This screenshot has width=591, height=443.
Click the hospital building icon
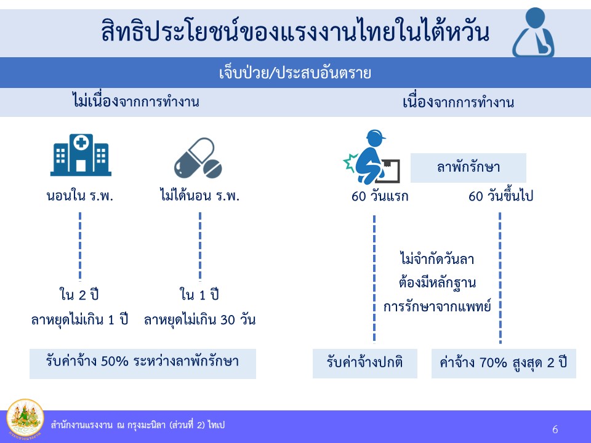tap(81, 155)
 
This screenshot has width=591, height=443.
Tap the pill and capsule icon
tap(198, 158)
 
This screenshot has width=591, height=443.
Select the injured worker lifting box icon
tap(371, 157)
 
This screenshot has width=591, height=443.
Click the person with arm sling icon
tap(533, 33)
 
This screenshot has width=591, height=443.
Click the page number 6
tap(555, 429)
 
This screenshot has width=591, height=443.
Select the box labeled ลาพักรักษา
tap(468, 167)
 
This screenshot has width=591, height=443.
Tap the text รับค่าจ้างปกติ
tap(364, 362)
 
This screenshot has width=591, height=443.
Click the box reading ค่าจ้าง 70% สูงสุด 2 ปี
tap(504, 364)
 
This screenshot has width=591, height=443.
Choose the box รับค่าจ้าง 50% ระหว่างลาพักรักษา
tap(143, 364)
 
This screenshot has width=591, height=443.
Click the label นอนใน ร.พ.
tap(80, 196)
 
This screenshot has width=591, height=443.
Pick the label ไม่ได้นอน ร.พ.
tap(199, 196)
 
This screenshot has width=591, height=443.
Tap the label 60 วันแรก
tap(380, 196)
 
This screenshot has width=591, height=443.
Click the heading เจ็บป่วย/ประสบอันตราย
tap(295, 73)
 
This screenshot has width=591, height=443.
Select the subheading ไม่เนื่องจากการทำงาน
tap(135, 102)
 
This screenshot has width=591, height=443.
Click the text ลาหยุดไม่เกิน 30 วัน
tap(199, 320)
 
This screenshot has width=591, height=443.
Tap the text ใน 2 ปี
tap(79, 295)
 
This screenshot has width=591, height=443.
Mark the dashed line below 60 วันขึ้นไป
tap(500, 278)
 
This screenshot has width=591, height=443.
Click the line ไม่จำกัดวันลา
tap(437, 259)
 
